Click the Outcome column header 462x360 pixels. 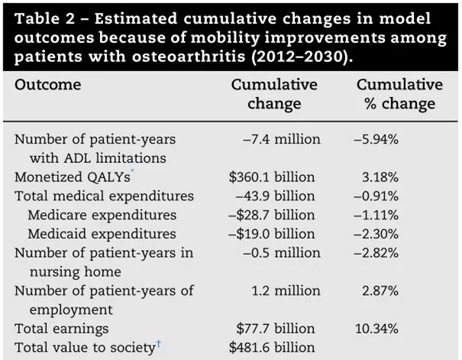48,85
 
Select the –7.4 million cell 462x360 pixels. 281,139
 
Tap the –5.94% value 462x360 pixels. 376,139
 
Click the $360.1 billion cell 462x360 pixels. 272,177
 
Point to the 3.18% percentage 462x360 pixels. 380,177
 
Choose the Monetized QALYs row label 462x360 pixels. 73,177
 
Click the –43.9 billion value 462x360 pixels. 275,196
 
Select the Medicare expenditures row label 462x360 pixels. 102,215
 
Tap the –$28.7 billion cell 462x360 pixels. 271,215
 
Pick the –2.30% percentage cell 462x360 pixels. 376,234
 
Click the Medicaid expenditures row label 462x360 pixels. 102,234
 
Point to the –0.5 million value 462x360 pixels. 281,253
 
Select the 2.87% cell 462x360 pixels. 380,290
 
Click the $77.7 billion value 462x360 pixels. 275,329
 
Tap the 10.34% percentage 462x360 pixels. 376,329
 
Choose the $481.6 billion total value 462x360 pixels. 272,347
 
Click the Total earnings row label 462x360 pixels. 62,329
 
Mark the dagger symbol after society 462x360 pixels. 159,343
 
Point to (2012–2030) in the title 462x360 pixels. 302,57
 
